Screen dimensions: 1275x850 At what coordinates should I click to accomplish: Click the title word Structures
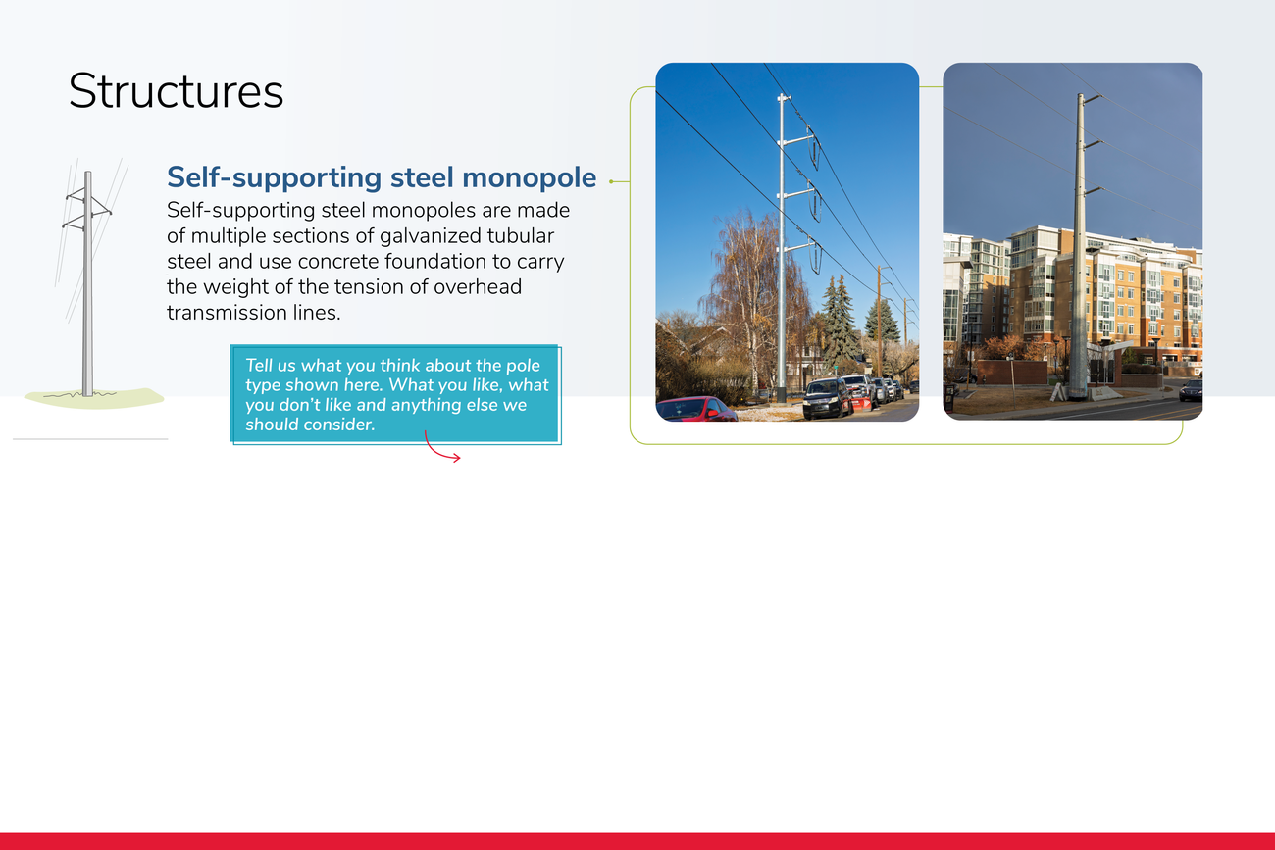[x=176, y=91]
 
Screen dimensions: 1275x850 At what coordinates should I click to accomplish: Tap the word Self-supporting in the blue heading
[x=274, y=177]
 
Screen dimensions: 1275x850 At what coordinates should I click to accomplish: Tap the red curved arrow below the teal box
[x=441, y=448]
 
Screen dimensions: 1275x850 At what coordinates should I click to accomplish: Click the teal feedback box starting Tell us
[x=395, y=394]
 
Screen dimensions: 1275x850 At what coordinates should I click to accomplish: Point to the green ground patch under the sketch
[x=94, y=398]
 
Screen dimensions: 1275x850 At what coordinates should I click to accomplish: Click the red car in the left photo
[x=696, y=409]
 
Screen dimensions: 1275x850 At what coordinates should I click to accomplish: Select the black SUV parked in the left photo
[x=827, y=398]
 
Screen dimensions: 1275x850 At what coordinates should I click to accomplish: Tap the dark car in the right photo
[x=1191, y=390]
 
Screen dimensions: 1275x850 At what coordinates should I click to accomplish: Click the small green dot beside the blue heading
[x=611, y=182]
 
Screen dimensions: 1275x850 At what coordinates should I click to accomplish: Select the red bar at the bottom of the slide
[x=637, y=841]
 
